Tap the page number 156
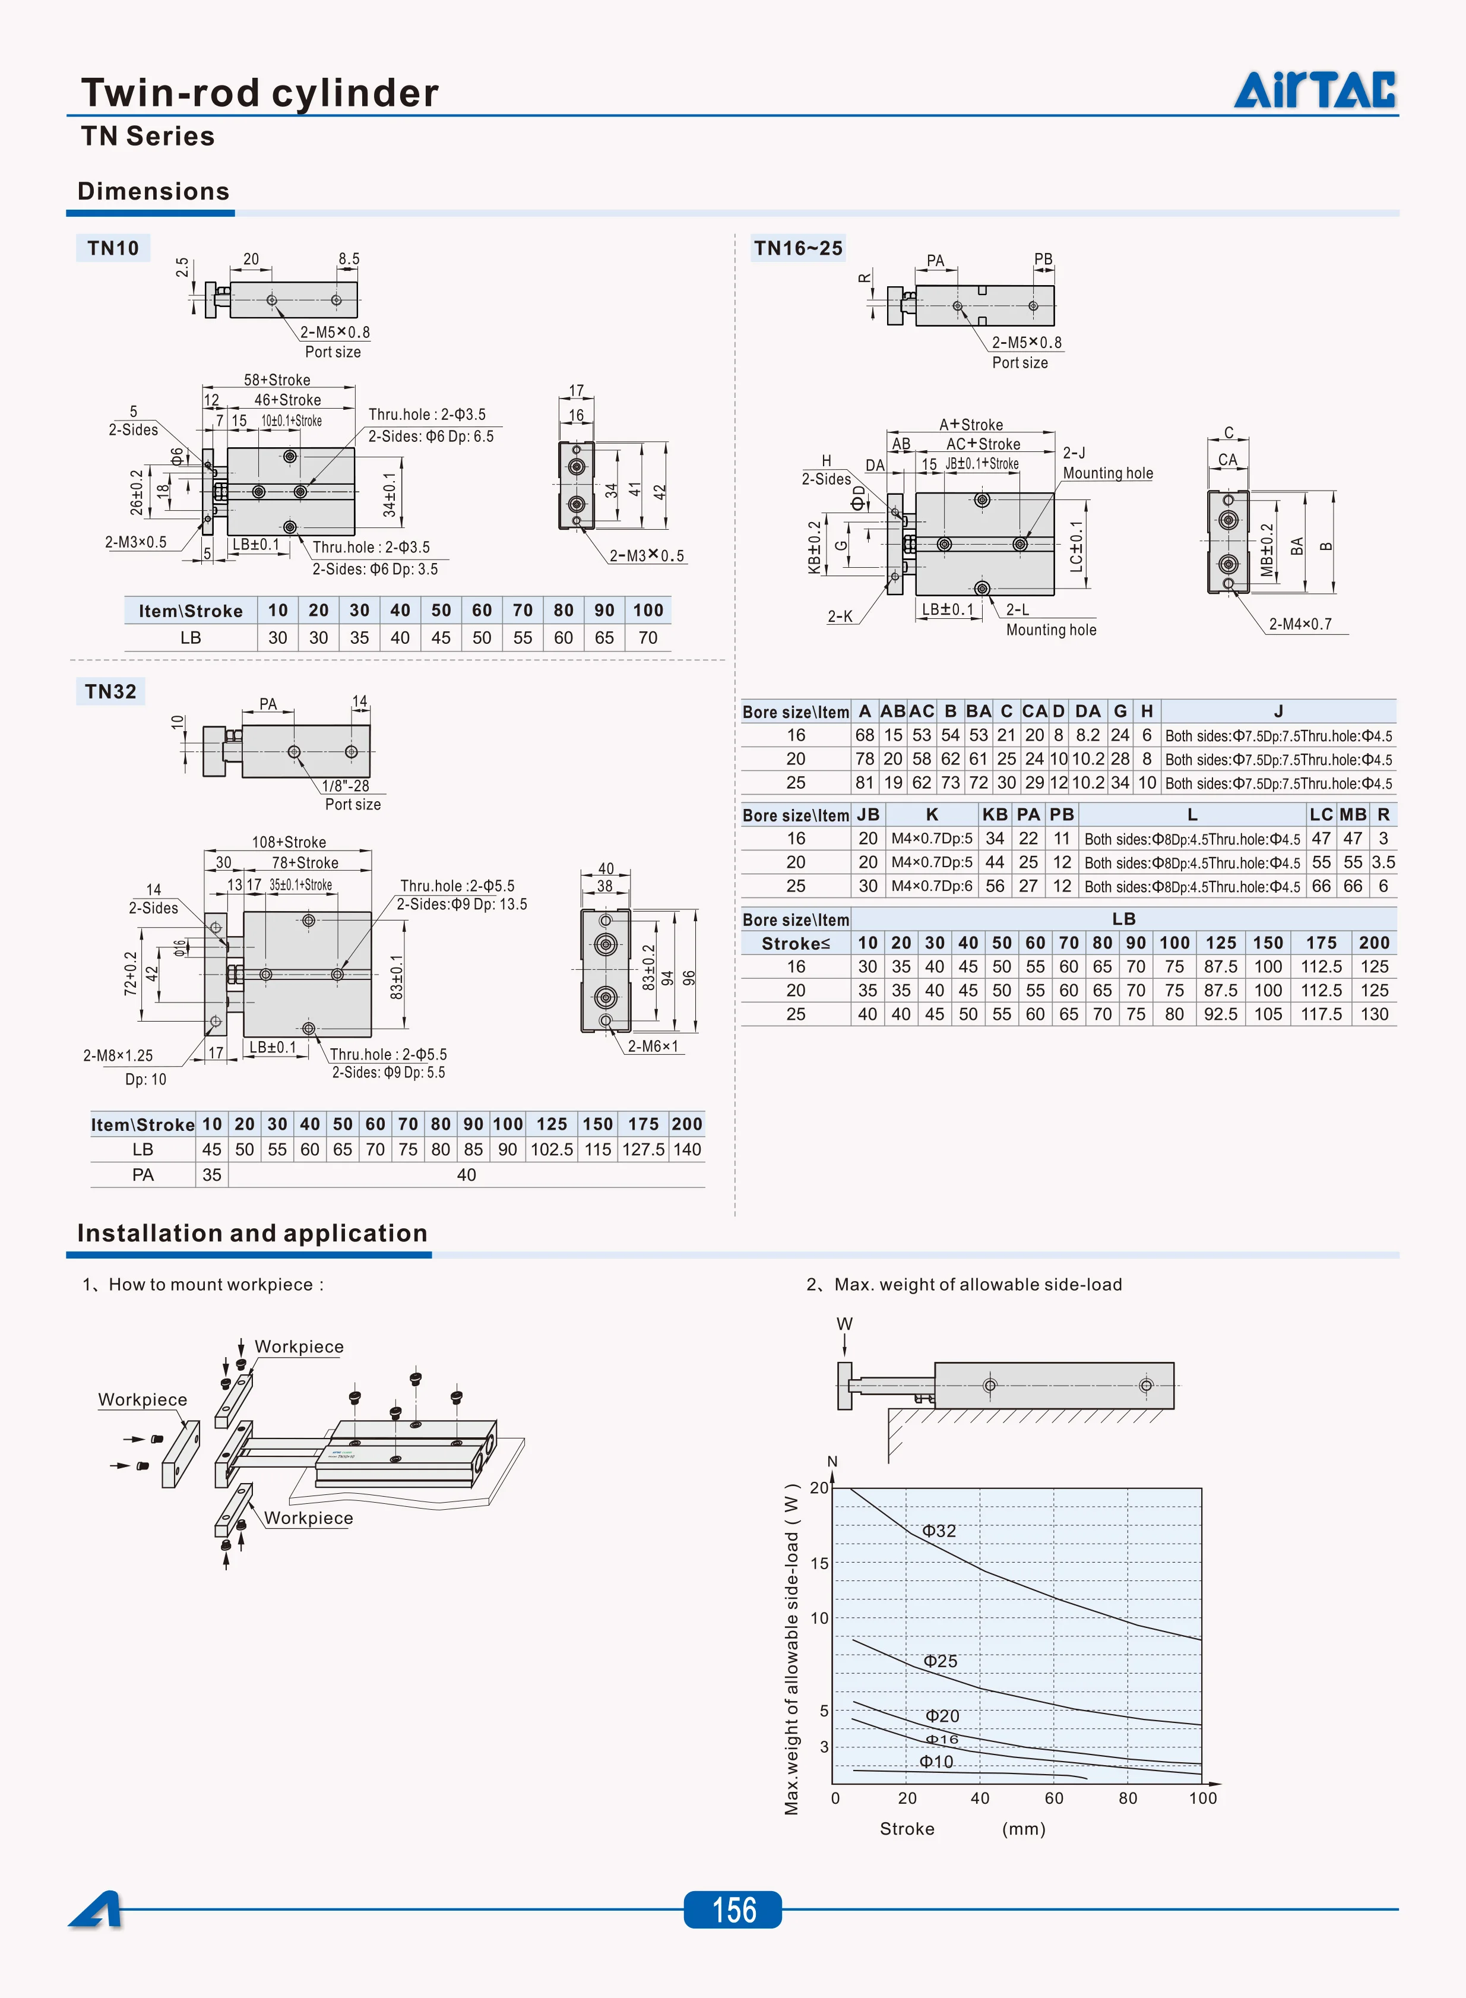tap(733, 1910)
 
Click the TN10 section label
tap(113, 248)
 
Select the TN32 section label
tap(110, 691)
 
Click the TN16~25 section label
tap(798, 248)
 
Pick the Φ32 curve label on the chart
tap(939, 1530)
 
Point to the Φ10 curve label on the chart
tap(936, 1762)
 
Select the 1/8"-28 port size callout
tap(345, 786)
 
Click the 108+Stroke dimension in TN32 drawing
tap(289, 842)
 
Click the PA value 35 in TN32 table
tap(211, 1174)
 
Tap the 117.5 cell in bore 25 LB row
tap(1321, 1014)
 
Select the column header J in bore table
tap(1278, 711)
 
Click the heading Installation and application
tap(252, 1233)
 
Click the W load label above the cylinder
tap(844, 1323)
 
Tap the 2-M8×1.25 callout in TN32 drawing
tap(118, 1055)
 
